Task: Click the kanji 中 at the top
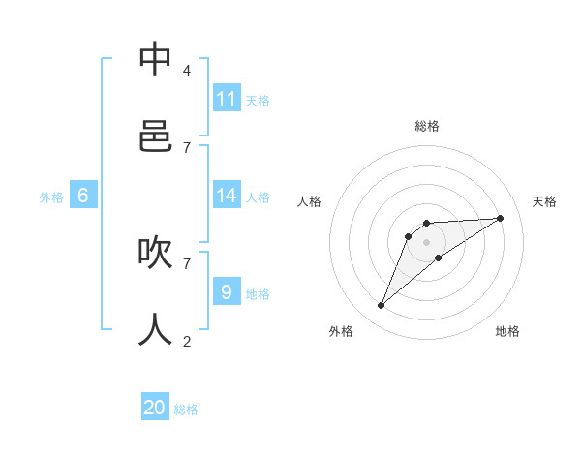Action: tap(155, 59)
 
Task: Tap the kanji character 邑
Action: tap(155, 136)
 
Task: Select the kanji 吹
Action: tap(155, 253)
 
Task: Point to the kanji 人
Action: tap(155, 330)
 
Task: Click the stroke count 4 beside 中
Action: tap(186, 70)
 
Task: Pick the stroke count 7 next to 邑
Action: tap(186, 147)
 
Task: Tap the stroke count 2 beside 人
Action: tap(186, 341)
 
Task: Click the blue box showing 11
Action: tap(227, 99)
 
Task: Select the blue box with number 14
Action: tap(227, 196)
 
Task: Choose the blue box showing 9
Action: tap(227, 291)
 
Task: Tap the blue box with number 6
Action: tap(83, 196)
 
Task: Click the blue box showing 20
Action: tap(155, 408)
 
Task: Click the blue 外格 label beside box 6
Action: tap(51, 197)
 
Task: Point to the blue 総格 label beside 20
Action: tap(186, 409)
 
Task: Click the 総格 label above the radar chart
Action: tap(427, 126)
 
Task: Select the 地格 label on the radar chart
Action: tap(507, 331)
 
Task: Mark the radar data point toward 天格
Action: tap(500, 218)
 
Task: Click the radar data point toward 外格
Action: tap(382, 306)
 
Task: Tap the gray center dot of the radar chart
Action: tap(427, 241)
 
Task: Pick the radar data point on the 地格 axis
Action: tap(439, 257)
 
